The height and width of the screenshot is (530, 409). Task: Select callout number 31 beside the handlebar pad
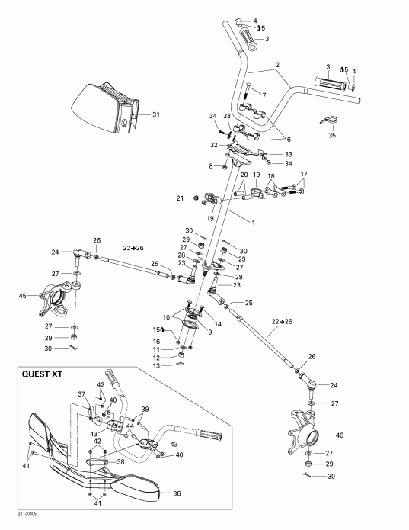pos(156,114)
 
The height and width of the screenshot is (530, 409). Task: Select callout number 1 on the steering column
pos(251,220)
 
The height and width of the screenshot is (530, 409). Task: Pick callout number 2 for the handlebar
pos(278,65)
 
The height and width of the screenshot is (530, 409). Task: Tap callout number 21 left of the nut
pos(180,198)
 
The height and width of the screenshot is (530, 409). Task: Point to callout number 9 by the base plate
pos(187,332)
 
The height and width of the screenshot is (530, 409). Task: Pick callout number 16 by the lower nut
pos(158,342)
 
